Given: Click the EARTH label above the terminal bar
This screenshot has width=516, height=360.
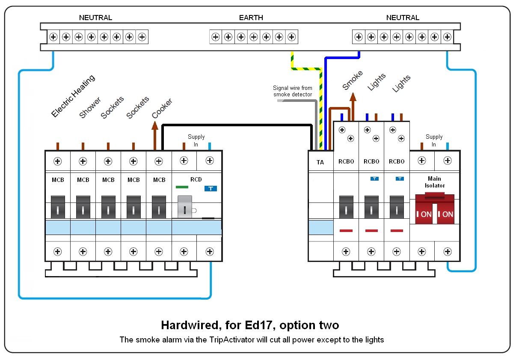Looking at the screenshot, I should click(x=251, y=18).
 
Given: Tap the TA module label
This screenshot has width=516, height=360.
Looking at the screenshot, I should click(x=320, y=162).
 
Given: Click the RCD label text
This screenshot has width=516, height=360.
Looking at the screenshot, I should click(x=196, y=180).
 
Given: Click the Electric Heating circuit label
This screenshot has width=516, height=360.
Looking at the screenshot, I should click(x=73, y=96).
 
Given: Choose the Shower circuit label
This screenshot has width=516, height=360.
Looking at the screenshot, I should click(x=90, y=108).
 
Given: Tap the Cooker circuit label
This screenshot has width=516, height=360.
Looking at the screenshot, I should click(x=162, y=109).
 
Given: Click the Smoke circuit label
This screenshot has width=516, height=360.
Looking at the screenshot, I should click(x=353, y=80).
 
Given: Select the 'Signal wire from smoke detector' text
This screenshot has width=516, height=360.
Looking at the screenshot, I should click(x=293, y=91).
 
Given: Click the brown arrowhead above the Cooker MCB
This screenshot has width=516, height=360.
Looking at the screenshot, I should click(x=155, y=125).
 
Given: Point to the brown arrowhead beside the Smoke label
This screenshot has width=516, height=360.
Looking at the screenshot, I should click(x=353, y=97).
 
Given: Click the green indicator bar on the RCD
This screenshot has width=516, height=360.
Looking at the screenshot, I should click(x=182, y=187).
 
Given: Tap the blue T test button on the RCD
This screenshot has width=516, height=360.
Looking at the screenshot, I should click(x=211, y=188).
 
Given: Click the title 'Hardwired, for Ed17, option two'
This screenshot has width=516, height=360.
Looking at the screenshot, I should click(x=250, y=325).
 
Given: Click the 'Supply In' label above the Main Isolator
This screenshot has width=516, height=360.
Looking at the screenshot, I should click(x=434, y=140).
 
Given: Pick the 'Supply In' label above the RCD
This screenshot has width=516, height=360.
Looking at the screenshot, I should click(x=196, y=140).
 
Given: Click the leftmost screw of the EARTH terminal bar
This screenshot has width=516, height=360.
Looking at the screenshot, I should click(x=216, y=37).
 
